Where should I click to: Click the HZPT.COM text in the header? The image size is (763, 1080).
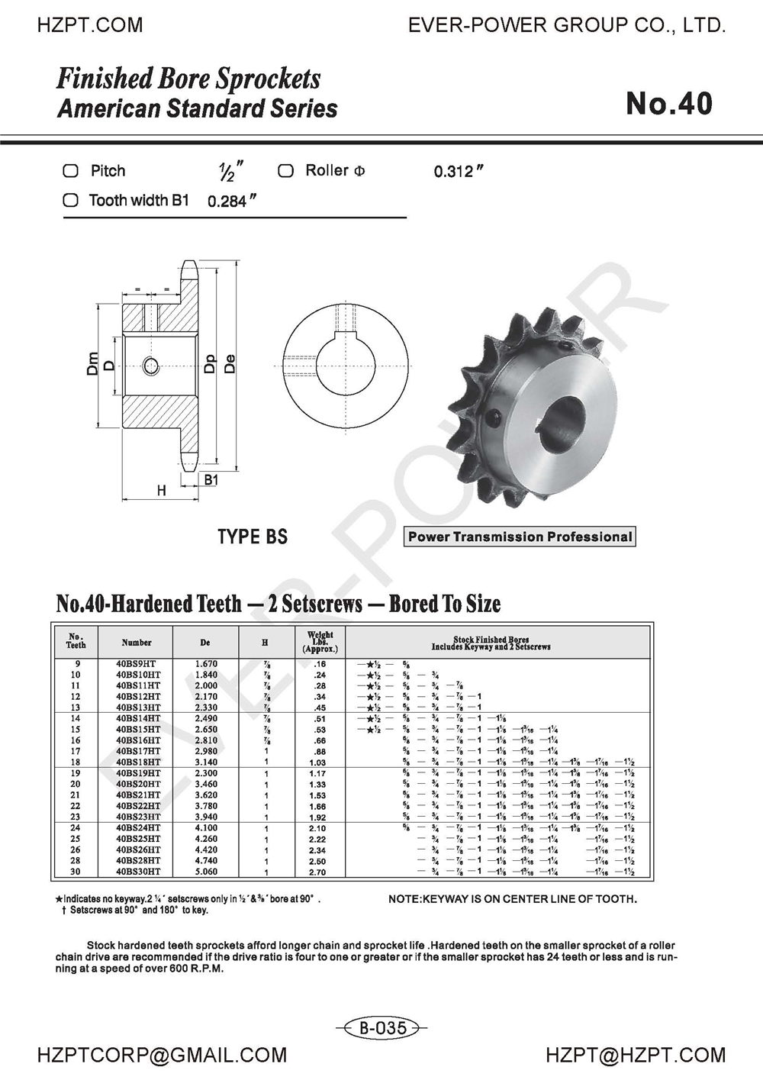tap(89, 25)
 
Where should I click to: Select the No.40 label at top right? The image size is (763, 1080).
tap(668, 104)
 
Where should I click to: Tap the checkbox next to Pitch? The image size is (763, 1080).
tap(70, 171)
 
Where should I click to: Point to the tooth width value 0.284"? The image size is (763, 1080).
tap(230, 202)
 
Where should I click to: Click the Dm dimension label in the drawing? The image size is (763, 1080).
tap(92, 363)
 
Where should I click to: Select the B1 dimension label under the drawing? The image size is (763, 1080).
tap(211, 480)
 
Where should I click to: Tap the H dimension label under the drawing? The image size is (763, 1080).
tap(161, 491)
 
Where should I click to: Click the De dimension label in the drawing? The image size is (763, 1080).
tap(229, 363)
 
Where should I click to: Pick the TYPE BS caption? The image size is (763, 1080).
tap(253, 537)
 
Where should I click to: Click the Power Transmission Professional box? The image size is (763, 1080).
tap(520, 537)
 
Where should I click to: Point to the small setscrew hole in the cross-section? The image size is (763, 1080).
tap(151, 366)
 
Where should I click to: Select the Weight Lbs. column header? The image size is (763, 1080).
tap(320, 642)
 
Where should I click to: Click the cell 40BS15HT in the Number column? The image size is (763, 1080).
tap(138, 730)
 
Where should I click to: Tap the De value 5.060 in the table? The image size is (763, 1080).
tap(206, 872)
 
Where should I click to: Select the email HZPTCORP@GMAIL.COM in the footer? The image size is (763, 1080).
tap(162, 1056)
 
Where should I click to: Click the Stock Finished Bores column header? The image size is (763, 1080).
tap(491, 643)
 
